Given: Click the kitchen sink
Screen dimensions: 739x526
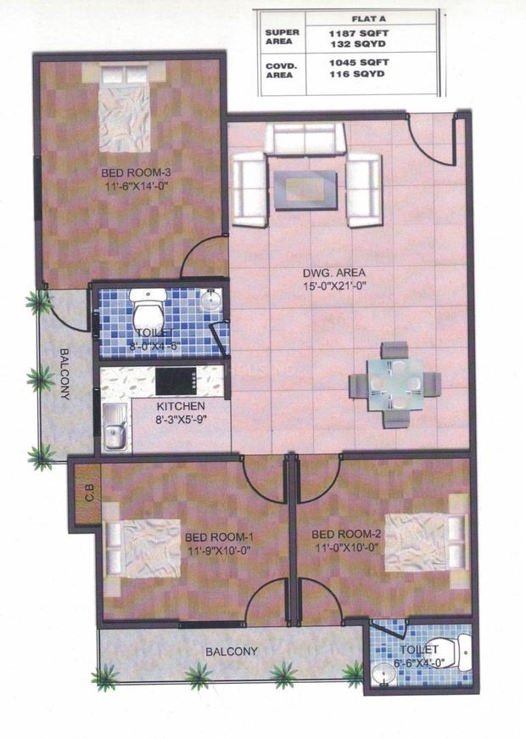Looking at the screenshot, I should [x=115, y=427].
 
